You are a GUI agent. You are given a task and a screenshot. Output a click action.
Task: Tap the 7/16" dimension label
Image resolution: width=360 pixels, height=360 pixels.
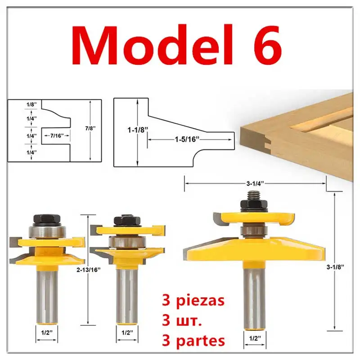point(55,135)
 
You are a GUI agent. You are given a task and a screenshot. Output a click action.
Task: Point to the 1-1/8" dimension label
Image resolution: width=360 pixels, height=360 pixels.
point(136,130)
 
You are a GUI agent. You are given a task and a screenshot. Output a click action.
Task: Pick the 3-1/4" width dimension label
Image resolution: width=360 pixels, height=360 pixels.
point(255,183)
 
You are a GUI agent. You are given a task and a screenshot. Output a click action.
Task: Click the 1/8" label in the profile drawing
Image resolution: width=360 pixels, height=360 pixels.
point(31,104)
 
